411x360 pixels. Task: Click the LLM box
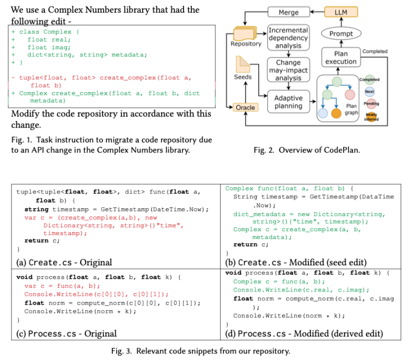click(x=341, y=12)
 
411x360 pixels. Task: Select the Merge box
click(x=289, y=12)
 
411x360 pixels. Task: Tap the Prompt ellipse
click(x=341, y=33)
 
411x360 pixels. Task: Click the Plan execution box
click(x=341, y=58)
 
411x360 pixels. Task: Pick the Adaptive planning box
click(x=289, y=102)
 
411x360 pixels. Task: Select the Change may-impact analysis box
click(x=288, y=70)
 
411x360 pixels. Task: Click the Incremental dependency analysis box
click(x=288, y=38)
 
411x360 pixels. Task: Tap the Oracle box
click(x=246, y=107)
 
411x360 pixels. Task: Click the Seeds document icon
click(x=243, y=65)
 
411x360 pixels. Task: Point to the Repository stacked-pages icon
click(x=245, y=33)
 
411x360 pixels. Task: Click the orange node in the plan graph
click(x=336, y=113)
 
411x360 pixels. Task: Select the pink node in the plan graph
click(x=350, y=95)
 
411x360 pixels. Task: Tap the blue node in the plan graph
click(x=323, y=113)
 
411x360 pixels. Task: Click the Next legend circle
click(x=369, y=92)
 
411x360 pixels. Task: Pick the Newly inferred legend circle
click(x=371, y=116)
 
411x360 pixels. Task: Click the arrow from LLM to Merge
click(x=317, y=12)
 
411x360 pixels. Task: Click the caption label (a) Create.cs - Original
click(x=64, y=262)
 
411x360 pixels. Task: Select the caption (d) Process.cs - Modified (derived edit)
click(x=304, y=334)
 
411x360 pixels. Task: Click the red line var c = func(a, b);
click(x=62, y=286)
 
